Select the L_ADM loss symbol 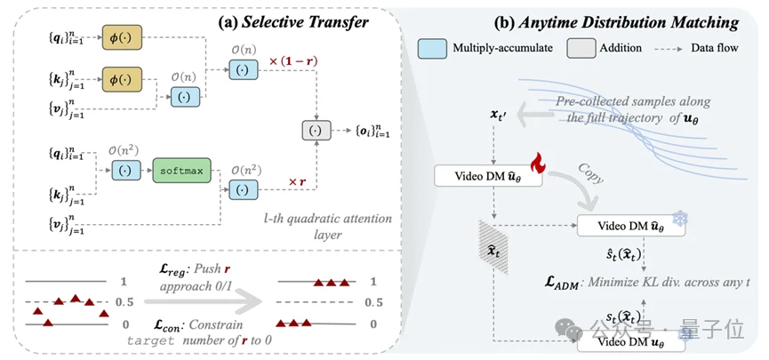[x=565, y=284]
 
